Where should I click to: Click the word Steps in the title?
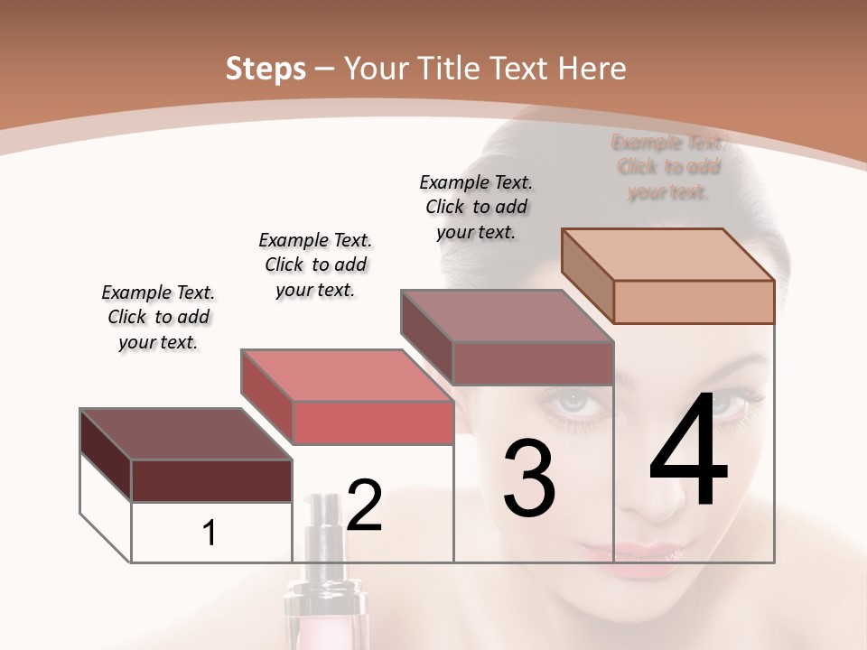coord(265,69)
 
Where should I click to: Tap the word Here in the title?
coord(592,69)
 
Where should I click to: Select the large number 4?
coord(688,451)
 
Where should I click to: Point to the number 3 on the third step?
coord(528,478)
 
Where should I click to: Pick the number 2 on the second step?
coord(365,506)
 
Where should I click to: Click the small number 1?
coord(210,534)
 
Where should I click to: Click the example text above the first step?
coord(158,317)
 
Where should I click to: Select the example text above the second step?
coord(315,265)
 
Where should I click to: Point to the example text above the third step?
coord(476,207)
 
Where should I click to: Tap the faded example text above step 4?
coord(668,167)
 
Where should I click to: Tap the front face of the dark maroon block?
coord(211,480)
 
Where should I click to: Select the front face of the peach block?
coord(694,302)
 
